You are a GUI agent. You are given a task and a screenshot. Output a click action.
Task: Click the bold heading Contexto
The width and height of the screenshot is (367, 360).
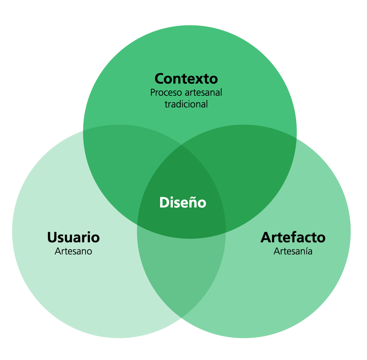coord(186,78)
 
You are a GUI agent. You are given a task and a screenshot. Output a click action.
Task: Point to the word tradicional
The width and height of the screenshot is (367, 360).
coord(186,104)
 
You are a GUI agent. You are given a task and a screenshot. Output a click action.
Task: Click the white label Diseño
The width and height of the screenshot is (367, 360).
coord(183,202)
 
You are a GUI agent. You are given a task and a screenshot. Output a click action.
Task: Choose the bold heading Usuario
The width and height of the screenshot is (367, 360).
coord(73,237)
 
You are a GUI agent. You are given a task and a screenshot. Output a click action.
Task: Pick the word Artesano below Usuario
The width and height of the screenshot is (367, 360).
coord(73,251)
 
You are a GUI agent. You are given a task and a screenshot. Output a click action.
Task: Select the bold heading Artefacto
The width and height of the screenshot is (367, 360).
coord(293,237)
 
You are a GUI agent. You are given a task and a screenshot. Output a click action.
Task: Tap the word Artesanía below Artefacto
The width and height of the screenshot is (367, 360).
coord(293,251)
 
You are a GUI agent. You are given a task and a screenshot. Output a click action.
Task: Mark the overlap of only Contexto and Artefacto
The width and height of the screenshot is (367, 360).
coord(253,161)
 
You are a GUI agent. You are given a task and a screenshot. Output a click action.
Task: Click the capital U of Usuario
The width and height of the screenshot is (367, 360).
coord(52,237)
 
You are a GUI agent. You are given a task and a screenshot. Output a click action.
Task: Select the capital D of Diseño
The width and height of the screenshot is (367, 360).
coord(163,202)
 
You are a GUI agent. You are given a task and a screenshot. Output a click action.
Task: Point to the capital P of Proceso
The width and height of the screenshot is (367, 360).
coord(153,92)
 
